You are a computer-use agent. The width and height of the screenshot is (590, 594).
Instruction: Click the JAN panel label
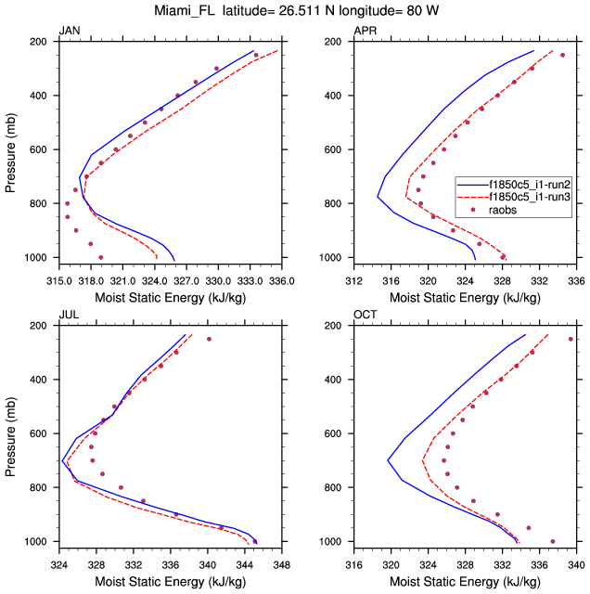[x=70, y=32]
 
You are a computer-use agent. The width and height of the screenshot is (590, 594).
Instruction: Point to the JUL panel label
[x=69, y=316]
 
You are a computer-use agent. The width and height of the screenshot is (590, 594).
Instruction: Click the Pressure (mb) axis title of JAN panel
[x=11, y=149]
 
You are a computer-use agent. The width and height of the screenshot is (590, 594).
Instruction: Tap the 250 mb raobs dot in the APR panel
[x=562, y=55]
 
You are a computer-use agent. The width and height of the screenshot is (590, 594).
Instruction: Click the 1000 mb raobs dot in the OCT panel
[x=553, y=541]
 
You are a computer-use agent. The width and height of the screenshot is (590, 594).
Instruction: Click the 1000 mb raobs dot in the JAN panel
[x=101, y=257]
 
